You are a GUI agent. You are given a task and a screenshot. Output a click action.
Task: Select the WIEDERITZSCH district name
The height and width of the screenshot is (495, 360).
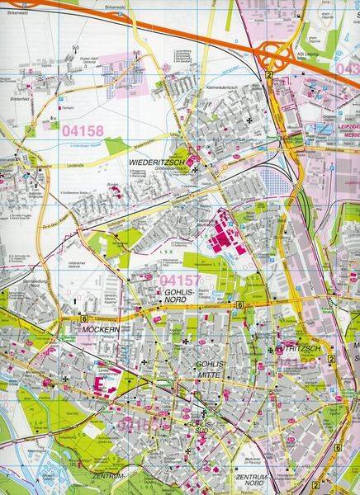point(160,162)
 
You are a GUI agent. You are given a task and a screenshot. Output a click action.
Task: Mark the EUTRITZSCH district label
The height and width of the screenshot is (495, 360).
point(300,350)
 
